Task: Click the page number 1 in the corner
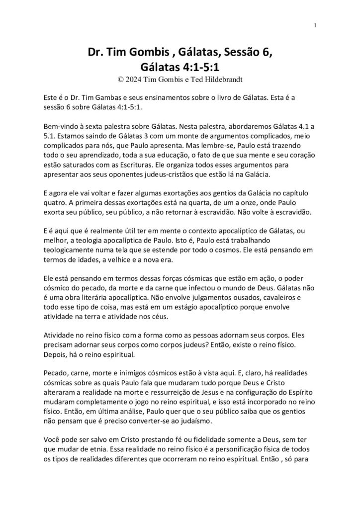point(316,25)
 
